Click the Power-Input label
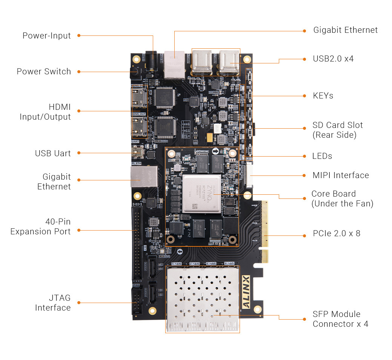click(46, 36)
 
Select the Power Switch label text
click(44, 72)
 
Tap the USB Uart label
click(53, 153)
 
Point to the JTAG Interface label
click(53, 303)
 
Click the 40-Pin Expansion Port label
click(40, 226)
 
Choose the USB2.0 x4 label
click(333, 59)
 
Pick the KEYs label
click(323, 96)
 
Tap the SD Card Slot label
click(337, 130)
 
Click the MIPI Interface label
click(341, 175)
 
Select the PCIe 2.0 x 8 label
click(337, 234)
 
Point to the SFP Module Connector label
click(340, 319)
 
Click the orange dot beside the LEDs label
click(305, 156)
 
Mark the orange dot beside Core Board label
click(305, 198)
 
